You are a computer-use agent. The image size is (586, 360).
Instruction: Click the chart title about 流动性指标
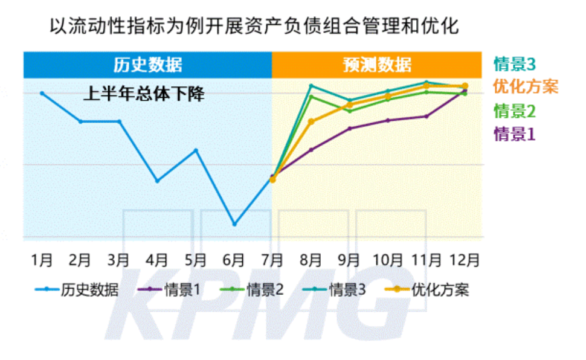253,27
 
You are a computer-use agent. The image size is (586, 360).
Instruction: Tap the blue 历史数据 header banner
147,65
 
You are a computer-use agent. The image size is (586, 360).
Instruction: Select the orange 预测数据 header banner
377,65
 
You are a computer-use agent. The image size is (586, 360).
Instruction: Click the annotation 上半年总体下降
144,94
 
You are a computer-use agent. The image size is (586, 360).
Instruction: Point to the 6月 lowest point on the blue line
234,224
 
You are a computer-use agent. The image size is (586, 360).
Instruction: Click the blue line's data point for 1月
42,93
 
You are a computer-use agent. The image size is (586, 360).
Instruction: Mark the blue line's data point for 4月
157,181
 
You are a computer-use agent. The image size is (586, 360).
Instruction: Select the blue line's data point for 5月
196,150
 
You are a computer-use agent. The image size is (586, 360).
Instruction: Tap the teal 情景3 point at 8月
311,86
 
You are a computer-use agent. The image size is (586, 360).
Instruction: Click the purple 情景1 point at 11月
427,116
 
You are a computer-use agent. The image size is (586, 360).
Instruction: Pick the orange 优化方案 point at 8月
311,121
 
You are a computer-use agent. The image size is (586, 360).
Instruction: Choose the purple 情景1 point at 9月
350,128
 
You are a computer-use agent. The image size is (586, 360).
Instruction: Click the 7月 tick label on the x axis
272,260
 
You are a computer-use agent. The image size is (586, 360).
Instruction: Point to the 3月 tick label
118,260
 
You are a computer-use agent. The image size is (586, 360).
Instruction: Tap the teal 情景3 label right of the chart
515,63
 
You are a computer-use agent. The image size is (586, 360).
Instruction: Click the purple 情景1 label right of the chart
515,133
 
